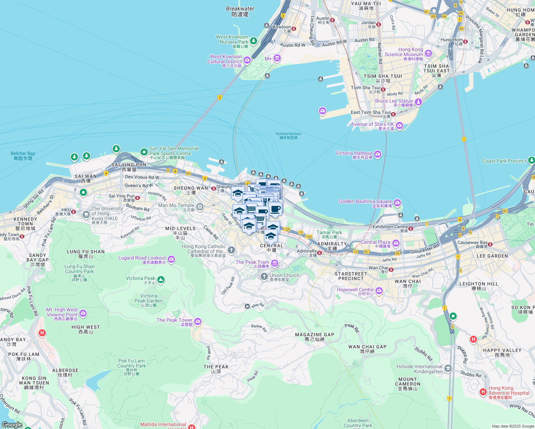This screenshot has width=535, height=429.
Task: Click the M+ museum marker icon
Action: click(276, 58)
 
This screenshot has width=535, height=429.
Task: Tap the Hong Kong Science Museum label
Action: click(404, 52)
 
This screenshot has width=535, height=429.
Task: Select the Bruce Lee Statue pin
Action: click(418, 102)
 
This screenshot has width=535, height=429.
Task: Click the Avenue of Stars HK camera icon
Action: click(399, 125)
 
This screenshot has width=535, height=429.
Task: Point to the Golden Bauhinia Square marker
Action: click(397, 203)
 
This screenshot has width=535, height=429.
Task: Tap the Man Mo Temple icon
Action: click(200, 206)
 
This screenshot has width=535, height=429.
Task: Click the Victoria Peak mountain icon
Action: click(161, 280)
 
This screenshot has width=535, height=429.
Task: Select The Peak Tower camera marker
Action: click(198, 321)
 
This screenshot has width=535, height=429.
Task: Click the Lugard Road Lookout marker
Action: click(171, 259)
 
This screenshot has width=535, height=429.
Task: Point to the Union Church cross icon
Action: click(264, 276)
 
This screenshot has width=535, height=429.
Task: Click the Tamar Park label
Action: click(329, 233)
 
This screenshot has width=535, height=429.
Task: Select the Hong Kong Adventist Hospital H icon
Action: click(483, 392)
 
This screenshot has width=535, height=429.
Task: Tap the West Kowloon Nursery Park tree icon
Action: click(253, 41)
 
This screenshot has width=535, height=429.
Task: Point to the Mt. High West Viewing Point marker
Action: click(83, 313)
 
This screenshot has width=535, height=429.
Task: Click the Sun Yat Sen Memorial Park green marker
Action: click(144, 152)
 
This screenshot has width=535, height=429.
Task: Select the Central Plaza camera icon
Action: click(396, 243)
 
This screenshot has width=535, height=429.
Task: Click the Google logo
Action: click(12, 425)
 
